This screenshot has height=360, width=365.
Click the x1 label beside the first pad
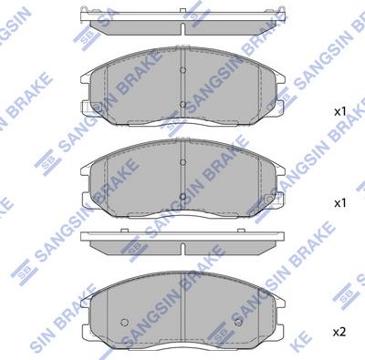[x=340, y=112]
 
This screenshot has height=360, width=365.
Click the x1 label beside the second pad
[x=340, y=203]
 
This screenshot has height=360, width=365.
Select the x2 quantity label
[x=339, y=332]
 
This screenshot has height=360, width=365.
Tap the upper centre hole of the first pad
[x=182, y=70]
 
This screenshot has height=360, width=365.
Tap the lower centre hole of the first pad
[x=182, y=105]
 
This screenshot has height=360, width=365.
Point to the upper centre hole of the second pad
[x=182, y=162]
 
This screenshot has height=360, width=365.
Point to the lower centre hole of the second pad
[x=182, y=197]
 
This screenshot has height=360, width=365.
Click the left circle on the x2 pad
[x=124, y=322]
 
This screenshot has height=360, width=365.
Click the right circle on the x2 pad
[x=239, y=322]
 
